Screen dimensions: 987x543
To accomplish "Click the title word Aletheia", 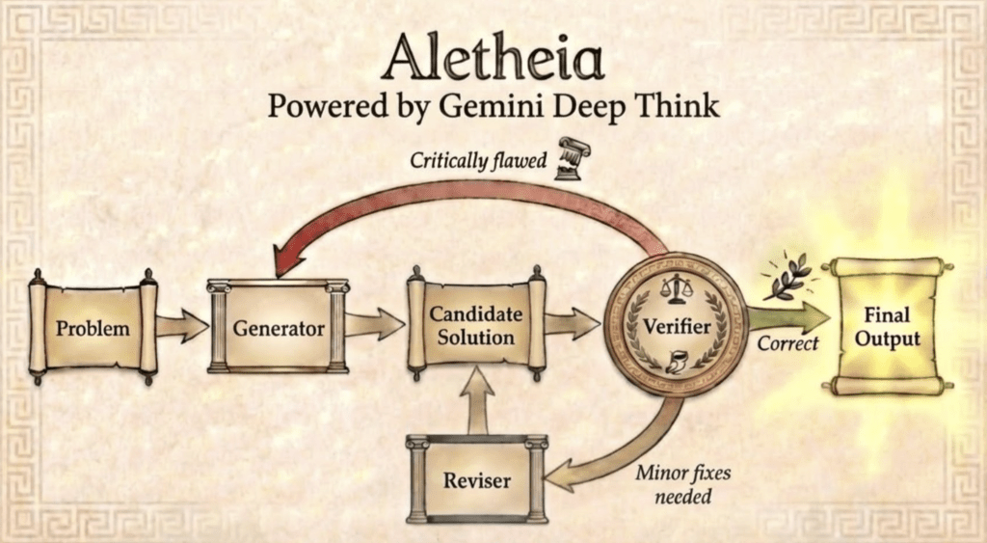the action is point(493,57).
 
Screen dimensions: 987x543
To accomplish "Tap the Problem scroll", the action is point(93,328).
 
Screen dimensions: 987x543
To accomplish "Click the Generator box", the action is point(279,327).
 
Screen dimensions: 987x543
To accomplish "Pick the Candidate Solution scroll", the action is point(476,325).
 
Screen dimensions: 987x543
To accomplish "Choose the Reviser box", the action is point(476,479).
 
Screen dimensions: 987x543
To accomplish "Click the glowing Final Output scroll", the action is point(887,326).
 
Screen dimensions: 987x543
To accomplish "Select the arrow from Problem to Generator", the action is point(182,326).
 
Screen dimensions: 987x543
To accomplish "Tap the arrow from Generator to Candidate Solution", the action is point(375,324).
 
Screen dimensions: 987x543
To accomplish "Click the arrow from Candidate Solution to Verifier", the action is point(572,324).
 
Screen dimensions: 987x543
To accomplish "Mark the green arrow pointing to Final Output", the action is point(788,317).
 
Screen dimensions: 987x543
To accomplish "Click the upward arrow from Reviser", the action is point(477,400).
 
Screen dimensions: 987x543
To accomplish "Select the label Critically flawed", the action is point(478,161).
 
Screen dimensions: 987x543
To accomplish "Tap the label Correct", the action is point(787,343).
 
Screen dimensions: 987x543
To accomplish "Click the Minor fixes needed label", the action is point(683,484).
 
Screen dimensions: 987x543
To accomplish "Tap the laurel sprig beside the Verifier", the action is point(787,277).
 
